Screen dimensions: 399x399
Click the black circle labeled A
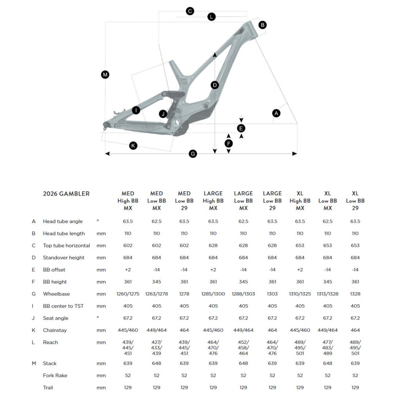(x=277, y=113)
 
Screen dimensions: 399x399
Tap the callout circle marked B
(x=262, y=25)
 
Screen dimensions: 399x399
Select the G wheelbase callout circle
(x=192, y=154)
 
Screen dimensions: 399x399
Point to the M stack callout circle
(x=105, y=75)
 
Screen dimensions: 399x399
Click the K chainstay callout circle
(x=133, y=146)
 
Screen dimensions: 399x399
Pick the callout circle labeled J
(x=164, y=114)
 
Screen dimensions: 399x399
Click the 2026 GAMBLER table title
(x=66, y=194)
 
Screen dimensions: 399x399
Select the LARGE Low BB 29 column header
(x=272, y=201)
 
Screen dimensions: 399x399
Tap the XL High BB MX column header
(x=300, y=201)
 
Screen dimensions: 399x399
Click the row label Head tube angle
(x=63, y=221)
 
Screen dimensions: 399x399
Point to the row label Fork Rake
(x=55, y=376)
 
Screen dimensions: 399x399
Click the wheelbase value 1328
(x=355, y=294)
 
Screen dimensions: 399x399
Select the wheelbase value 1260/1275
(x=128, y=294)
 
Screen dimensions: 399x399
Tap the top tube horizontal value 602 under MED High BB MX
(x=128, y=246)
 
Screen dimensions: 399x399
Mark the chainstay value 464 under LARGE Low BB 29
(x=272, y=330)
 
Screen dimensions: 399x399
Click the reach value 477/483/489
(x=328, y=348)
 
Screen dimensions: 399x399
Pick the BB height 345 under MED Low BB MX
(x=156, y=282)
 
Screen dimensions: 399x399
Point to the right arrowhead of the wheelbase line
(x=295, y=154)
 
